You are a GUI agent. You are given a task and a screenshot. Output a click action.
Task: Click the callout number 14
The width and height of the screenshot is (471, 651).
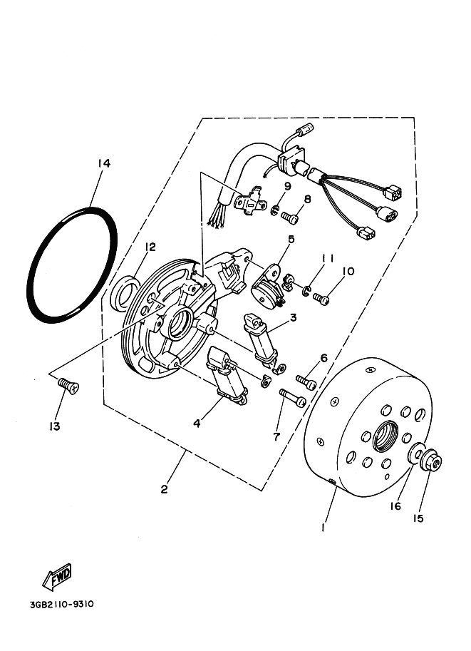pos(104,164)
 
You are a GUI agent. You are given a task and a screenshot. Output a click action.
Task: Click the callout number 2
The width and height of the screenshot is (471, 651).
pos(165,489)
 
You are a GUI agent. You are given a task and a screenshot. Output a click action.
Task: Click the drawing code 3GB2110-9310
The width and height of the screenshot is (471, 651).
pos(62,605)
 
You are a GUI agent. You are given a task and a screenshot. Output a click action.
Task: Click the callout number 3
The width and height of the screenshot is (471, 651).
pos(293,319)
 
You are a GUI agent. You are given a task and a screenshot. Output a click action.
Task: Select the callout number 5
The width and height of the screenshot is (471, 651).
pos(291,240)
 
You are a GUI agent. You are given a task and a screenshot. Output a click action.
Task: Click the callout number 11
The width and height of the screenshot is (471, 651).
pos(327,257)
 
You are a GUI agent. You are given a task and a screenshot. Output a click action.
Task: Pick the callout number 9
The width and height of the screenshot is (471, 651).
pos(288,187)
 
